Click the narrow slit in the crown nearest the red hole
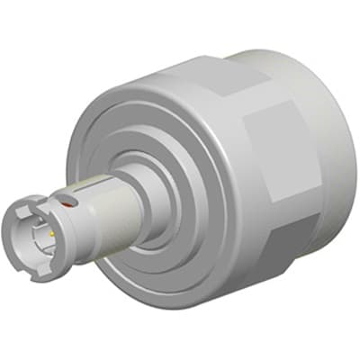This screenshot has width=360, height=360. click(59, 210)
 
